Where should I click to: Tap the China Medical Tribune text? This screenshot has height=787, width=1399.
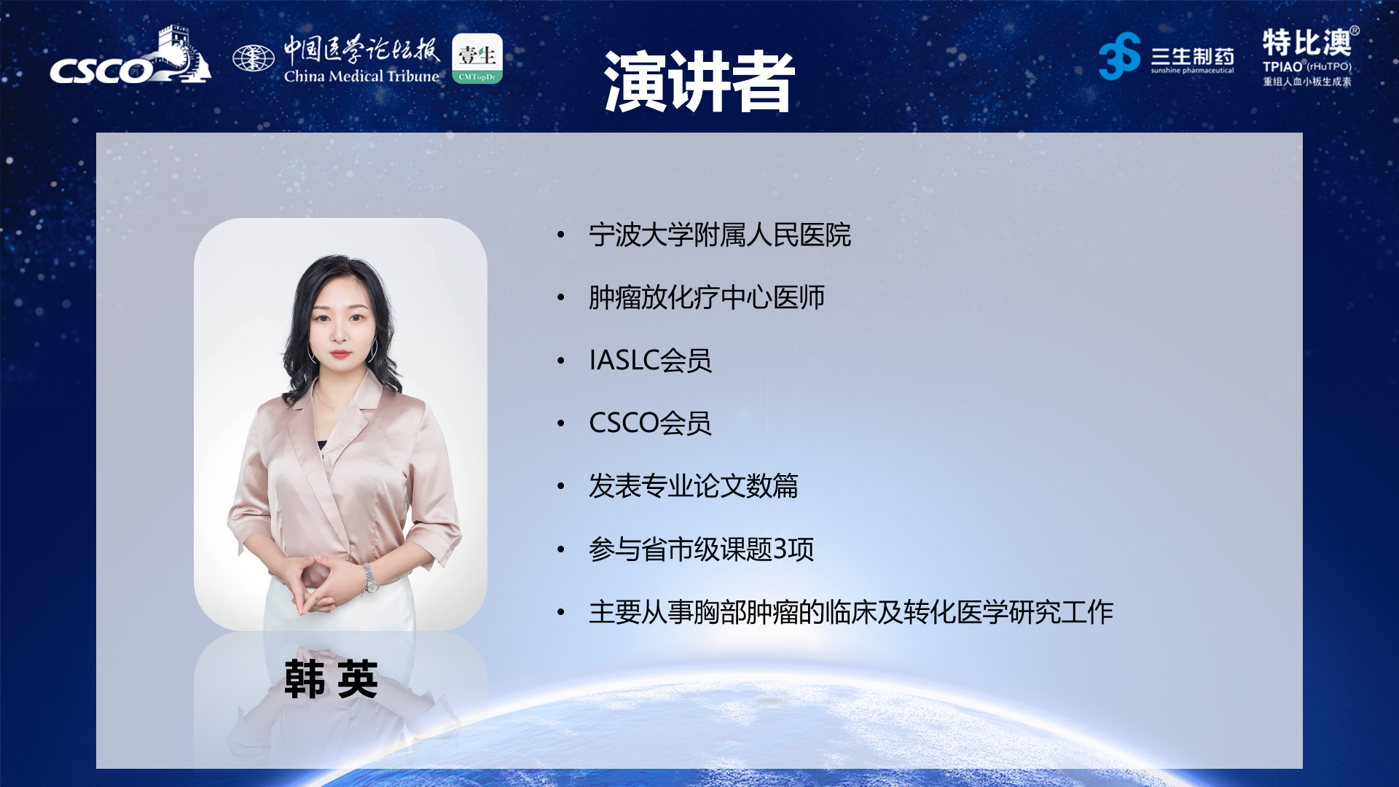click(x=361, y=76)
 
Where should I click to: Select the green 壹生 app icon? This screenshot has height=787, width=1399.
click(x=477, y=58)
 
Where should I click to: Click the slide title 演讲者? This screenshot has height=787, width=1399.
click(x=699, y=82)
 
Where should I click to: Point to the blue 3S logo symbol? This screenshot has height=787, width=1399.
click(x=1119, y=56)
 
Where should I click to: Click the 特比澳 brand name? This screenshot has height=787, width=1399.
click(x=1306, y=43)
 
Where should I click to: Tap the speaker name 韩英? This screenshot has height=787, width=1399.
click(x=332, y=679)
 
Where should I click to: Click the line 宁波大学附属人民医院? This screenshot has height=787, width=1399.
click(x=719, y=235)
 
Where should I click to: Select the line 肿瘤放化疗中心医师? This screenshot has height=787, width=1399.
click(x=706, y=297)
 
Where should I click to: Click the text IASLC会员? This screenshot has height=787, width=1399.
click(x=650, y=360)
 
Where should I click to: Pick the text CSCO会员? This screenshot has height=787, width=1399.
click(x=649, y=423)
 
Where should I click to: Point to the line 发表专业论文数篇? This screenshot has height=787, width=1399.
click(x=693, y=486)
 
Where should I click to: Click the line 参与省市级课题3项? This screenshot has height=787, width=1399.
click(x=701, y=549)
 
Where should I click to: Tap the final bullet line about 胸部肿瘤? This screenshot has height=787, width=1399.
click(x=850, y=612)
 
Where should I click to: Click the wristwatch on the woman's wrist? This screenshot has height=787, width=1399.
click(x=370, y=577)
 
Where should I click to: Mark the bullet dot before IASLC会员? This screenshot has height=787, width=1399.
click(x=561, y=361)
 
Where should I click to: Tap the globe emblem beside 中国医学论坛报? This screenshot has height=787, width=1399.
click(x=253, y=58)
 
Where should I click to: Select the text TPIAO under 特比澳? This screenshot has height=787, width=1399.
click(x=1282, y=66)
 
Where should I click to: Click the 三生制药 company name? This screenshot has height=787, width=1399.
click(x=1192, y=56)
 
